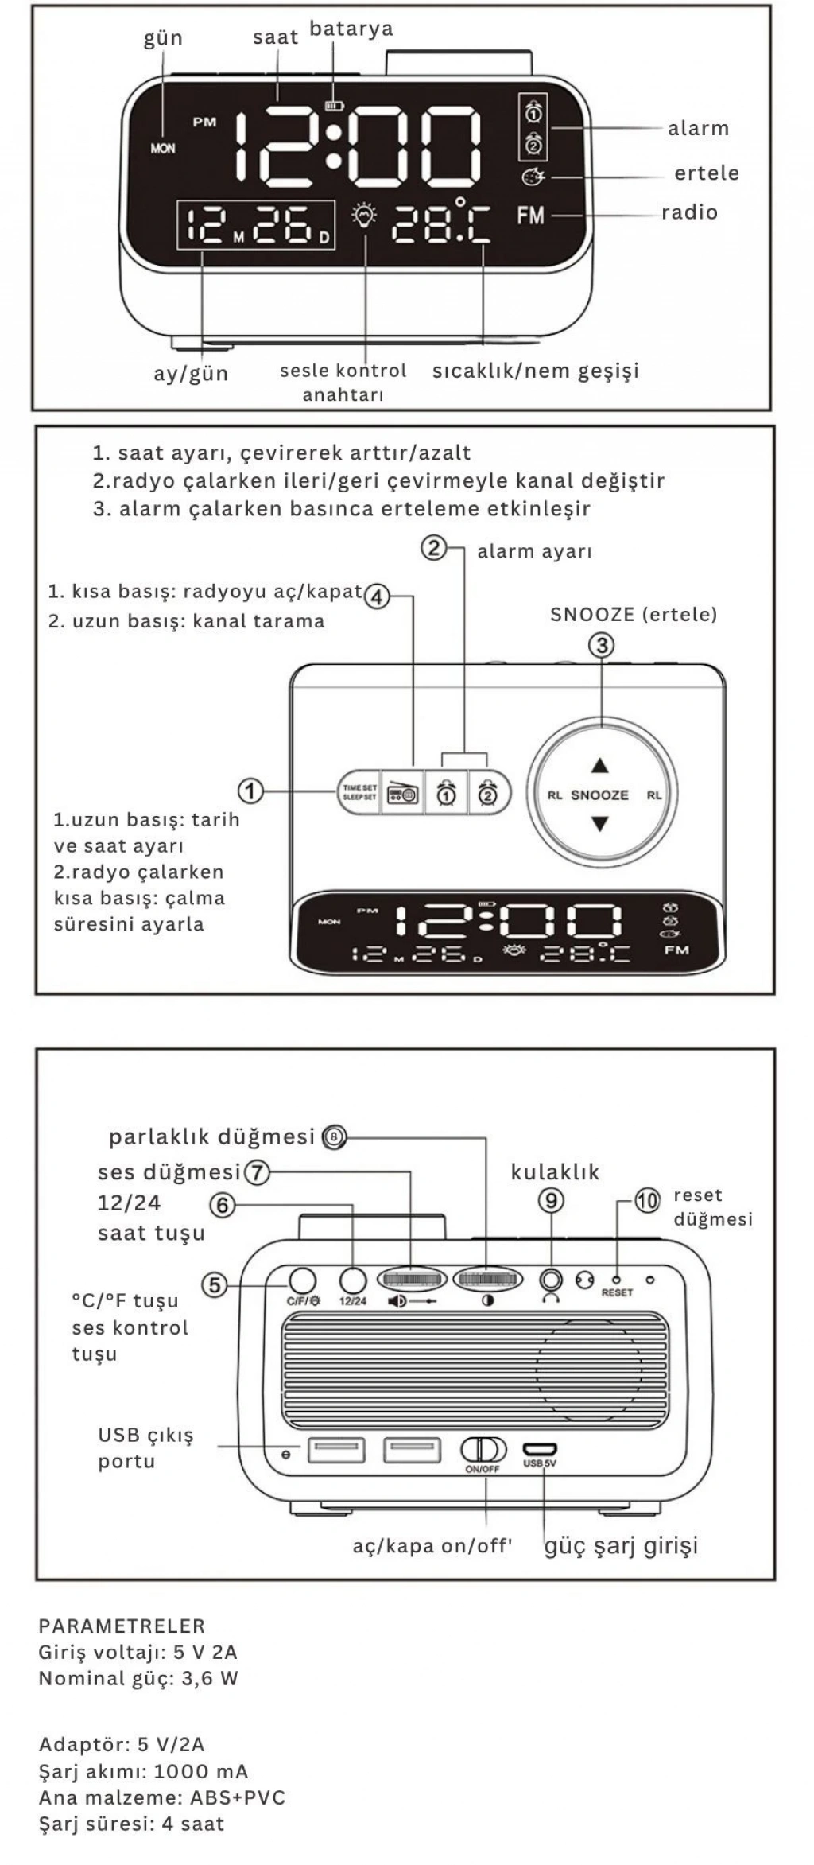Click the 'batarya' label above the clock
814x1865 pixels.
[351, 29]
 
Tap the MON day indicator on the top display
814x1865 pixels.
[163, 148]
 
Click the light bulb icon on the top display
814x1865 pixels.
[365, 216]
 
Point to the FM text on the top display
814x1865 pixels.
[530, 215]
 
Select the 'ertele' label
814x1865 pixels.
[706, 173]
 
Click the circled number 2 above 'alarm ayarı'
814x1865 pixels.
[434, 548]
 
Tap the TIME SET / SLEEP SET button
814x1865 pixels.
[359, 792]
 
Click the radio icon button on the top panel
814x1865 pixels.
[402, 792]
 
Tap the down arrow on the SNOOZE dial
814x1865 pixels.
[600, 824]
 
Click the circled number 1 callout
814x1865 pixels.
[250, 791]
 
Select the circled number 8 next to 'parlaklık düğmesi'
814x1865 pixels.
[335, 1137]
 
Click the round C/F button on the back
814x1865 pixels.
[301, 1280]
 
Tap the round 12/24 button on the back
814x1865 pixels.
[353, 1280]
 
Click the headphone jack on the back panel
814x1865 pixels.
[551, 1280]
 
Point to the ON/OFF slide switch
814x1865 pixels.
[483, 1450]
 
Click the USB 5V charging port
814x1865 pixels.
[540, 1449]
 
